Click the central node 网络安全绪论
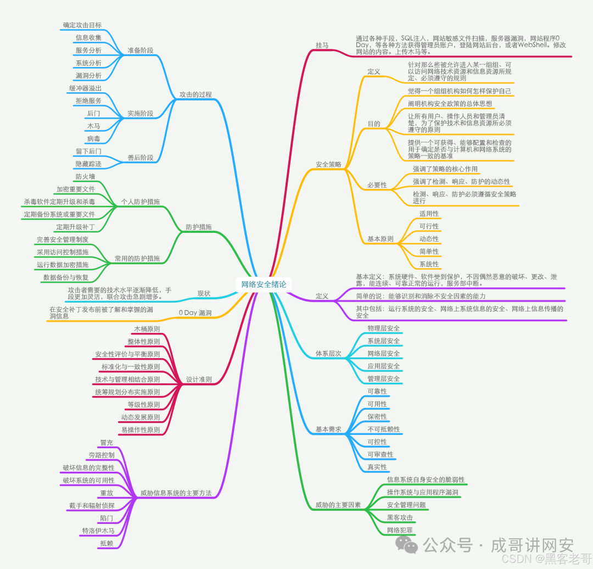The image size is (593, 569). coord(264,284)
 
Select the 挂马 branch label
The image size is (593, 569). coord(322,45)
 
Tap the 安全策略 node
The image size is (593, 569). coord(328,164)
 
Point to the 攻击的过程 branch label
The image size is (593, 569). coord(195,94)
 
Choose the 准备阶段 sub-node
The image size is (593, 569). coord(140,50)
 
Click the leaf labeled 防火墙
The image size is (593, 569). coord(85,176)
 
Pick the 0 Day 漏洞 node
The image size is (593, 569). coord(195,313)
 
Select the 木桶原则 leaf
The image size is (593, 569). coord(147,329)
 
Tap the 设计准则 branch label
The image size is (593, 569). coord(199,379)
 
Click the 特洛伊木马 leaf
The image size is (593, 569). coord(98,531)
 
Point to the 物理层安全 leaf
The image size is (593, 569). coord(384,328)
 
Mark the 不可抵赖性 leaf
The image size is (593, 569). coord(384,429)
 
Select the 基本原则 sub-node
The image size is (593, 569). coord(381,239)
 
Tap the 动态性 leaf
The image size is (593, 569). coord(429,239)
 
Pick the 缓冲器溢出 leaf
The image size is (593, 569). coord(85,88)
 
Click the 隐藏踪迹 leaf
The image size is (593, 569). coord(88,164)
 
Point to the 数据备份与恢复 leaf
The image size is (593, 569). coord(66,277)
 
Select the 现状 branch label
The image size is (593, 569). coord(204,293)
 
